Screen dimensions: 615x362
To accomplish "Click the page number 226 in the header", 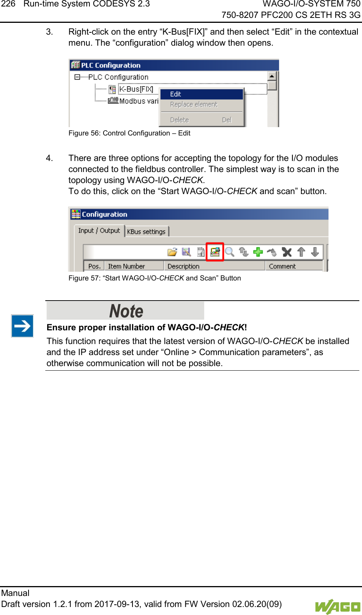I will coord(8,4).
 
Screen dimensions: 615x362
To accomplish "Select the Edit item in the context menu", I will coord(175,94).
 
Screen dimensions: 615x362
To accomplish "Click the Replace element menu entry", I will coord(194,104).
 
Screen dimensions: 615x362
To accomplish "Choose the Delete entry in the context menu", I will coord(180,120).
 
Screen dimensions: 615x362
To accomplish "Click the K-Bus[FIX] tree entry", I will coord(136,89).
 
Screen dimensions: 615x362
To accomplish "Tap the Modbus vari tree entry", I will coord(139,101).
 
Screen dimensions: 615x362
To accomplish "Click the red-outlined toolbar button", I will coord(215,252).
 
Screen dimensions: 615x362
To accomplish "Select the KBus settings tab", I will coord(146,231).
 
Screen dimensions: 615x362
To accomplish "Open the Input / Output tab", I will coord(99,231).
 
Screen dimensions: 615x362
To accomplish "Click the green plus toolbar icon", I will coord(258,252).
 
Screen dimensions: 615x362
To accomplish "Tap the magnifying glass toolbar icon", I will coord(230,252).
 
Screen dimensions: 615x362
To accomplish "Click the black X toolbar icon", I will coord(287,252).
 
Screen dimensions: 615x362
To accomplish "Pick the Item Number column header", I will coord(126,266).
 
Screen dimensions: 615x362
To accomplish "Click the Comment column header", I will coord(282,266).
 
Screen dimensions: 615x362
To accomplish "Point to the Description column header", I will coord(183,266).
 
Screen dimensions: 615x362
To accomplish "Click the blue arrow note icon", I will coord(22,326).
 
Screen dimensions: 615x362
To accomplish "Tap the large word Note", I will coord(126,311).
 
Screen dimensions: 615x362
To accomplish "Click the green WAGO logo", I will coord(337,606).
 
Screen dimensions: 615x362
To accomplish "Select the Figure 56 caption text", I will coord(129,133).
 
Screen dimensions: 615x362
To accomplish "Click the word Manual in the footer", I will coord(15,593).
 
